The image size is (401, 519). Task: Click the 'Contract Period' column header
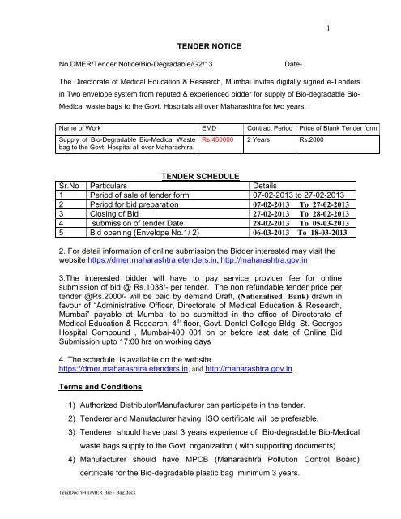click(x=269, y=127)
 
